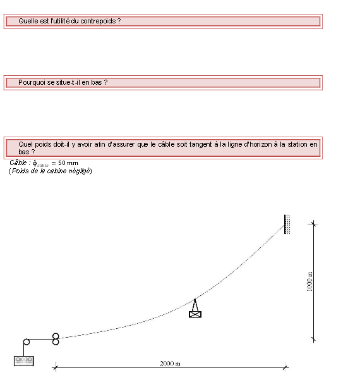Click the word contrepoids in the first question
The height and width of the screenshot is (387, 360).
(x=98, y=21)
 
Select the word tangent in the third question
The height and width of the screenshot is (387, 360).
(x=200, y=144)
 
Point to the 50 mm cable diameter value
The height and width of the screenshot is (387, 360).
(x=68, y=163)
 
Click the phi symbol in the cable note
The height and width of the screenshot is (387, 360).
(x=35, y=163)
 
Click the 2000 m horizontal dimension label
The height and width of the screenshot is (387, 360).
(x=170, y=364)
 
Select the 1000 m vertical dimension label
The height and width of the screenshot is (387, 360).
(x=309, y=281)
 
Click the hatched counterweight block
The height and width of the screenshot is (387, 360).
(x=23, y=361)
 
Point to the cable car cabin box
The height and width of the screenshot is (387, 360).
(x=195, y=314)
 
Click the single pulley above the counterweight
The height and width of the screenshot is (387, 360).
(x=27, y=342)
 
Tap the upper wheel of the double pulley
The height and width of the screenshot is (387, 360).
(x=56, y=336)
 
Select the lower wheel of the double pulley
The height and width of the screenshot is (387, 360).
(x=56, y=342)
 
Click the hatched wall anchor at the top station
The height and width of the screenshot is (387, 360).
(x=287, y=224)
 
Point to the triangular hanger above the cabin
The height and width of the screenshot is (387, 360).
(x=195, y=305)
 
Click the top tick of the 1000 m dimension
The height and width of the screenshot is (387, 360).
(x=313, y=224)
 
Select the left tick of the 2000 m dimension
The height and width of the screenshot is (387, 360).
(x=56, y=367)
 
